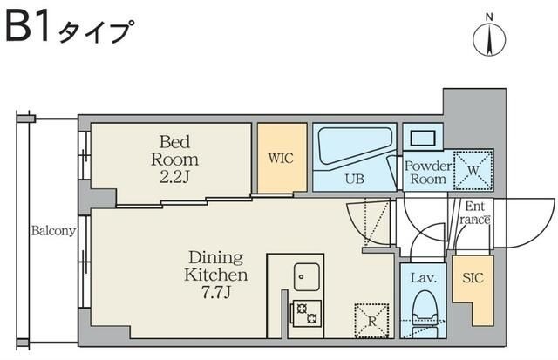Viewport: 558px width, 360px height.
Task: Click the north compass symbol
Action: (490, 38)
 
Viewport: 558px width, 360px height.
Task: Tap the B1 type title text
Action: (70, 31)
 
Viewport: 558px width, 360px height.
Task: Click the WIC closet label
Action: (281, 159)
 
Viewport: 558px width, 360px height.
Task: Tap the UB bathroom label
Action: (354, 179)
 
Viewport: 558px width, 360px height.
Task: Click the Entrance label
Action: (475, 214)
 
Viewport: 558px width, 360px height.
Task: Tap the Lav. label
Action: (423, 280)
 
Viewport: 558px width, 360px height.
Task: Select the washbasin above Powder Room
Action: (424, 137)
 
